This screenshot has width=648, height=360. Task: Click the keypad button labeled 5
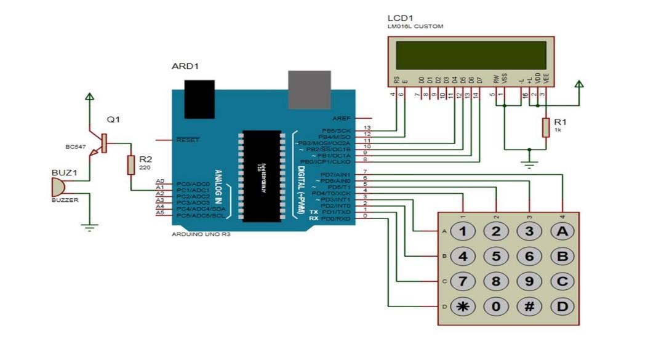(495, 256)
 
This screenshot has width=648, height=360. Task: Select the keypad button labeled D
(561, 306)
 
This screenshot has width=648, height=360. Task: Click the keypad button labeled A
(561, 231)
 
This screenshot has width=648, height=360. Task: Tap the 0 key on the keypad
(495, 306)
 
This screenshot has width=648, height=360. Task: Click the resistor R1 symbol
(545, 128)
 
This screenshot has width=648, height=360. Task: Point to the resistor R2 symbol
(130, 165)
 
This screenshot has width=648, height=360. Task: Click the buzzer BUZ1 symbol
(58, 186)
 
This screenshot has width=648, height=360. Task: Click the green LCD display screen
(471, 55)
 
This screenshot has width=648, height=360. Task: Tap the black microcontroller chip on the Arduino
(262, 175)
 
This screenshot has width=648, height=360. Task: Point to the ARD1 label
(185, 66)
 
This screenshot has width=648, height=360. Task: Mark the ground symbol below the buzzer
(90, 228)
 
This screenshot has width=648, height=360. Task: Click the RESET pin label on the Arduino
(188, 140)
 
